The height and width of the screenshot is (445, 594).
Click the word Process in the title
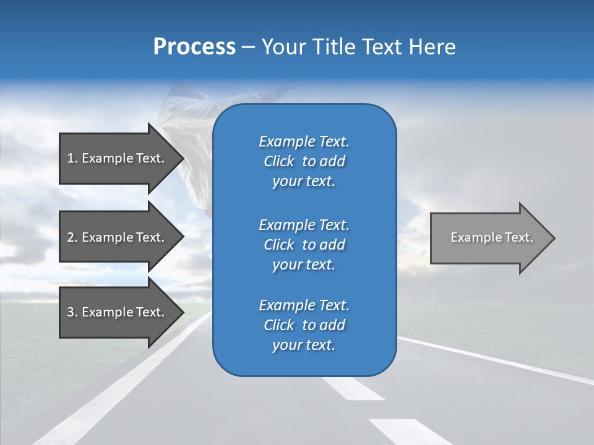click(194, 47)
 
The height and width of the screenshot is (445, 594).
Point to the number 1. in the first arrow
click(72, 158)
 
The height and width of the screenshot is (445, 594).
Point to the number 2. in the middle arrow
click(72, 237)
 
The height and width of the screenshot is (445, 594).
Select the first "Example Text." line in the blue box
click(304, 142)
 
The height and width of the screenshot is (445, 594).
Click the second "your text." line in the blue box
click(304, 265)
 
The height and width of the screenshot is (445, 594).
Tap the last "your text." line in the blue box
click(304, 345)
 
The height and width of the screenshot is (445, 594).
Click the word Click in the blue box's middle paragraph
click(278, 245)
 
